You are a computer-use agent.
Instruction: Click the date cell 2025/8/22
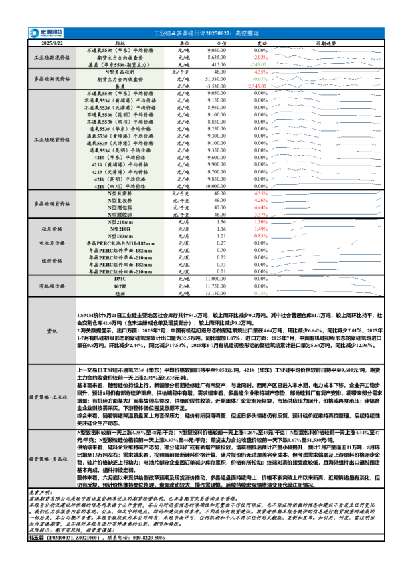pos(43,43)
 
